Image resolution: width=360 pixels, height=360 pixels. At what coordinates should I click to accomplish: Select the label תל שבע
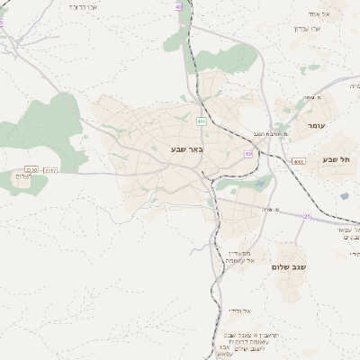(337, 159)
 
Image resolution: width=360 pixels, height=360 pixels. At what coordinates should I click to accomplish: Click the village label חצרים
(25, 176)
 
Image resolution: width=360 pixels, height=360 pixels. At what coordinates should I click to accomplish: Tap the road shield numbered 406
(201, 121)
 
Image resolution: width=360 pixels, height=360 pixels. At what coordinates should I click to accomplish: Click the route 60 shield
(247, 153)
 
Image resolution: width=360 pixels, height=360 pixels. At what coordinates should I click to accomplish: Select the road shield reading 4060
(298, 162)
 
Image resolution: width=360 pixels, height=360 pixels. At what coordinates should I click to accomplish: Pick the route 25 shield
(307, 216)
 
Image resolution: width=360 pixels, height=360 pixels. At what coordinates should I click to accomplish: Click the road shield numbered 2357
(49, 169)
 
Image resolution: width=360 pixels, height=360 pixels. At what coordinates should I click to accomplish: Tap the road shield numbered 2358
(32, 169)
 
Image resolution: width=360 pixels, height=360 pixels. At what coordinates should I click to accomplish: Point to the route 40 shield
(178, 5)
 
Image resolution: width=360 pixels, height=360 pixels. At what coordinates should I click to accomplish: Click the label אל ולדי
(240, 310)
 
